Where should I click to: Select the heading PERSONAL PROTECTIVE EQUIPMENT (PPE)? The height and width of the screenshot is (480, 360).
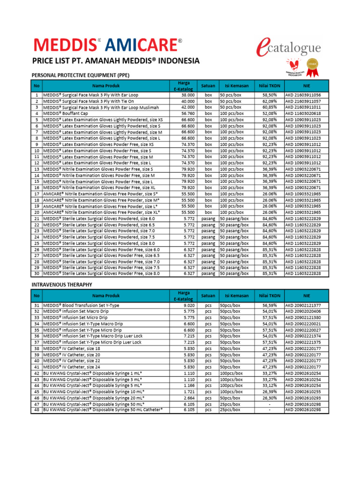coord(80,75)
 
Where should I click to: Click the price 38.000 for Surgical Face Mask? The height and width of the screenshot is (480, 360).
coord(187,95)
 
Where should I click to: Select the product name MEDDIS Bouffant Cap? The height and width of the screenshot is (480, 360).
coord(65,113)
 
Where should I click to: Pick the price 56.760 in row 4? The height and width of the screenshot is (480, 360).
coord(187,113)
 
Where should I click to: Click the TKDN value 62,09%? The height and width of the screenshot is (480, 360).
coord(270,101)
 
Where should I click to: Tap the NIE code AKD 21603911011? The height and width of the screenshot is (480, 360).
coord(303,107)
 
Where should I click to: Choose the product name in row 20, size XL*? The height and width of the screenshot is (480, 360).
coord(101,212)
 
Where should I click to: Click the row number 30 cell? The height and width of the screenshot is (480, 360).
coord(36,274)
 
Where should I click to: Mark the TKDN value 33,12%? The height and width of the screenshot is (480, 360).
coord(270,385)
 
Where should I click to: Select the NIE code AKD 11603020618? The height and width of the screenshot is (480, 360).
coord(303,113)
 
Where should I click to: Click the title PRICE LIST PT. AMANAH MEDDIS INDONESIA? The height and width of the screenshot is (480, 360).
coord(115,61)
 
